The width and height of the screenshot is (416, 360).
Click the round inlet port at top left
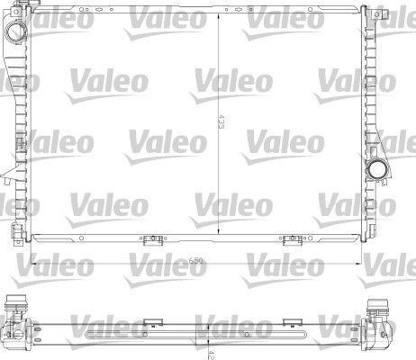(x=17, y=32)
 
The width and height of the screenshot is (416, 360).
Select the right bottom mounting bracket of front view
(x=293, y=239)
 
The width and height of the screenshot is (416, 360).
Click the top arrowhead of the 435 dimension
(x=219, y=14)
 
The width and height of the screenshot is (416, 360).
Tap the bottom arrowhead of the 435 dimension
(x=219, y=237)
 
